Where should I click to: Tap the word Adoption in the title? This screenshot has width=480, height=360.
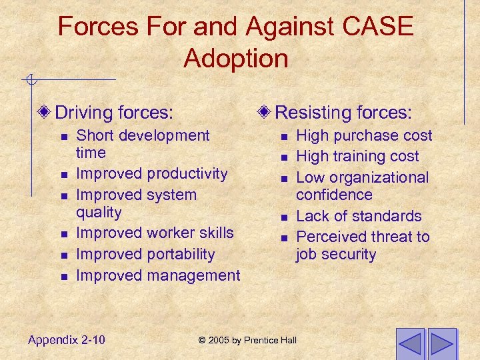[x=236, y=58]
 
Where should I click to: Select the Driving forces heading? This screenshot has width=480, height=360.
[x=114, y=112]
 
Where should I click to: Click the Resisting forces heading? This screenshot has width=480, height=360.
[x=343, y=111]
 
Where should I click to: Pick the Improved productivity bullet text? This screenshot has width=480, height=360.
[x=152, y=174]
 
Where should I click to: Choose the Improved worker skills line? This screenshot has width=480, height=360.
[x=155, y=233]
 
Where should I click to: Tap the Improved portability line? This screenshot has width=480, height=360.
[x=145, y=255]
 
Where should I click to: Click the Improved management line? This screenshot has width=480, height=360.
[x=158, y=275]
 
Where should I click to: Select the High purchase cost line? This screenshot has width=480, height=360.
[x=364, y=136]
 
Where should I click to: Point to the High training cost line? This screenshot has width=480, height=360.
[x=357, y=157]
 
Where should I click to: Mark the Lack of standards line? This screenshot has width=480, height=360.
[x=359, y=216]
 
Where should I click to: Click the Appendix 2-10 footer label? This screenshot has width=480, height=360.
[x=67, y=340]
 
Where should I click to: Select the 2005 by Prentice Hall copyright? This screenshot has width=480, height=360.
[x=247, y=341]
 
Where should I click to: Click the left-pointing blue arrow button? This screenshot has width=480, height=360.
[x=411, y=343]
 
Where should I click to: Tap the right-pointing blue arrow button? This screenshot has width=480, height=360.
[x=442, y=343]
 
